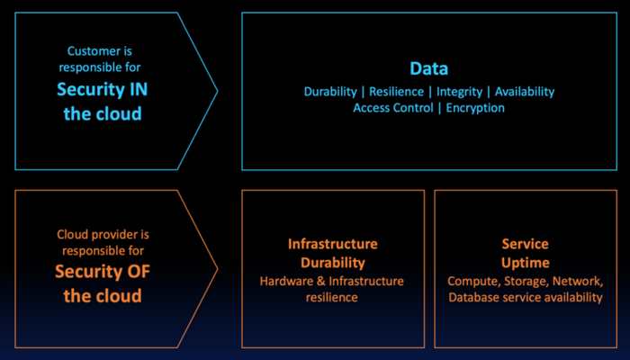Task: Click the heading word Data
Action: coord(428,68)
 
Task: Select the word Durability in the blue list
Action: coord(330,92)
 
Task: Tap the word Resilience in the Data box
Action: coord(397,92)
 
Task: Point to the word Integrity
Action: coord(459,92)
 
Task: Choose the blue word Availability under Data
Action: coord(525,92)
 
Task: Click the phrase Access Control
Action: coord(393,108)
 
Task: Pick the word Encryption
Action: coord(475,109)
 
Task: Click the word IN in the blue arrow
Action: coord(139,89)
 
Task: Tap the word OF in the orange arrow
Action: coord(139,272)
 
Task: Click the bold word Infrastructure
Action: coord(333,244)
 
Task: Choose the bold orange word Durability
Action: coord(333,263)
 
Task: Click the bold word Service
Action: coord(525,244)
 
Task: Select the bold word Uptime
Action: coord(525,263)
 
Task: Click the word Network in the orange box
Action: coord(578,282)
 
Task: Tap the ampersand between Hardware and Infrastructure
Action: coord(321,281)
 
